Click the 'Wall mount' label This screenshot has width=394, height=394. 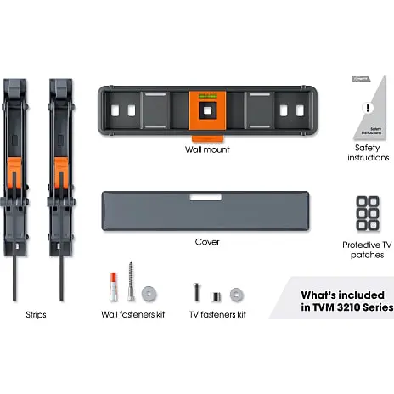click(207, 149)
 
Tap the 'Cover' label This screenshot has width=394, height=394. click(207, 242)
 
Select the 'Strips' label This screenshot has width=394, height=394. click(36, 315)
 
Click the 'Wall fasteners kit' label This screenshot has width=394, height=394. click(132, 314)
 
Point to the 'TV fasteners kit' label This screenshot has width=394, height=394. click(217, 314)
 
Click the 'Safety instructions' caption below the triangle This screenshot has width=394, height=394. click(369, 153)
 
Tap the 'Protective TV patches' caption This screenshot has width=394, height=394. click(367, 250)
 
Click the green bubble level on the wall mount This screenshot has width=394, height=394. click(207, 97)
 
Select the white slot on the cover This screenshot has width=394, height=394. click(205, 197)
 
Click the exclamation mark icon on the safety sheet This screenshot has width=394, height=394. click(368, 108)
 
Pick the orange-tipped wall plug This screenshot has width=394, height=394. click(113, 286)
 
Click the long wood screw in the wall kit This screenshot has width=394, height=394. click(131, 281)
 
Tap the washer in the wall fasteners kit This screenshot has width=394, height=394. click(149, 293)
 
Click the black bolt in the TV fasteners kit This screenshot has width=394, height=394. click(197, 292)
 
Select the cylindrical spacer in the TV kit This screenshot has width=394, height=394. click(216, 297)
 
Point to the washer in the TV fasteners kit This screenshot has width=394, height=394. click(237, 295)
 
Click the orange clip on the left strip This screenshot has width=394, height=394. click(14, 173)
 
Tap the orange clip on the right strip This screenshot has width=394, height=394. click(61, 173)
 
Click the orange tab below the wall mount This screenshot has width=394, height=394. click(208, 138)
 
